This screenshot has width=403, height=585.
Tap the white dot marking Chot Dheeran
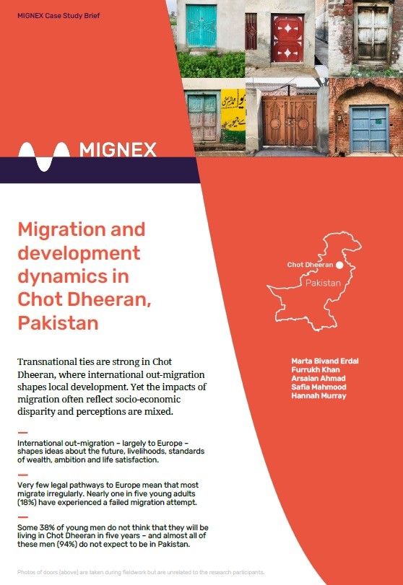[x=339, y=265]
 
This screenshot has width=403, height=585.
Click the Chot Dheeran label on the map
[x=310, y=265]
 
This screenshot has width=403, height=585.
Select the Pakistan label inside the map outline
[x=322, y=283]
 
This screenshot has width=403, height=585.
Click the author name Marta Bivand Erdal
[x=326, y=359]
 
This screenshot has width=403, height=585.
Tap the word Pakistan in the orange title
[x=58, y=322]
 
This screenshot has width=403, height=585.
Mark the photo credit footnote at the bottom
[x=145, y=571]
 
